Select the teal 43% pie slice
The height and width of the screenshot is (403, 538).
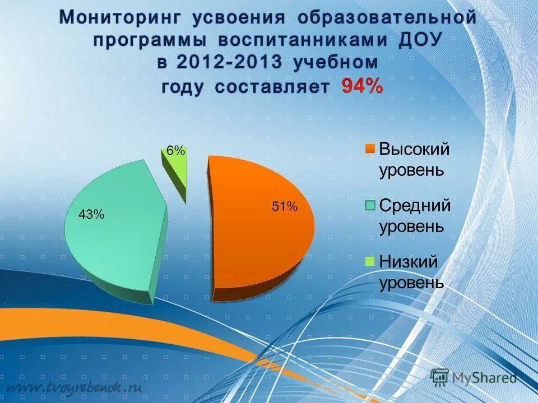(112, 241)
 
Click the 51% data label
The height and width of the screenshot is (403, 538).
(285, 207)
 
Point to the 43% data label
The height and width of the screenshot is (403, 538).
(91, 214)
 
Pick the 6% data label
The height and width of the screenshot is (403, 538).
(175, 151)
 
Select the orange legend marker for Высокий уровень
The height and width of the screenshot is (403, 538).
(370, 149)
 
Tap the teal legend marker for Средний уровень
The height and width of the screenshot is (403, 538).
(370, 205)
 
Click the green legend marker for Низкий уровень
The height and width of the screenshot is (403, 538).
(370, 261)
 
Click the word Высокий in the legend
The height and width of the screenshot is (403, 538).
(415, 149)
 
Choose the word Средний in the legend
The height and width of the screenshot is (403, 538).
(415, 205)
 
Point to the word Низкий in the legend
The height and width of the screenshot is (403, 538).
(409, 261)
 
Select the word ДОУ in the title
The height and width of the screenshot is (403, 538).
(415, 41)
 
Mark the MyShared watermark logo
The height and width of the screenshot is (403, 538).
(474, 377)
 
